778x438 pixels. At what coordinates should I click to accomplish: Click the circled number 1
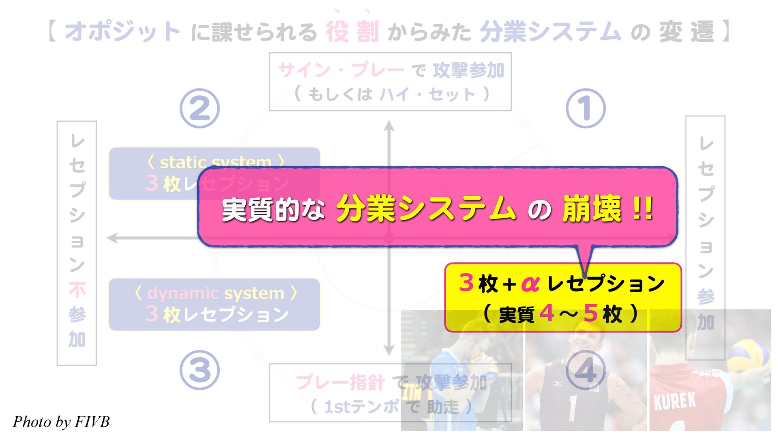585,108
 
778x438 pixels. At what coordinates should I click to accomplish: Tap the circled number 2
199,108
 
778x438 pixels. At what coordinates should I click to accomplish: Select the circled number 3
199,370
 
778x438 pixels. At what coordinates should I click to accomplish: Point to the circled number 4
585,370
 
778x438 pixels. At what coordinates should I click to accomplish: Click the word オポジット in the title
122,32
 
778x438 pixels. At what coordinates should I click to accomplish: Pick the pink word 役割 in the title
352,32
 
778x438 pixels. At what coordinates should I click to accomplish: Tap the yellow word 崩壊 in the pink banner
592,209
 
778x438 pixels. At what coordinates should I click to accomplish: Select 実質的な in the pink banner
273,210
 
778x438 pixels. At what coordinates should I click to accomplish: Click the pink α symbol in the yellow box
530,283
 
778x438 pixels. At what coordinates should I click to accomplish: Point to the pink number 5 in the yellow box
590,313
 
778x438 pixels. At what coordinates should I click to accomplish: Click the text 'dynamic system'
216,293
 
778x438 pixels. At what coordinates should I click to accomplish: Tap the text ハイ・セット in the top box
427,94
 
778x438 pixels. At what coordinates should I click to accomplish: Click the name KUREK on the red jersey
674,401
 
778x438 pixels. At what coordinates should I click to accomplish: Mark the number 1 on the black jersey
572,408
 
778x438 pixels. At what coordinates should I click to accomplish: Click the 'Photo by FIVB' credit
61,422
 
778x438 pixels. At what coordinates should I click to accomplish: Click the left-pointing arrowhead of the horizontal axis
112,238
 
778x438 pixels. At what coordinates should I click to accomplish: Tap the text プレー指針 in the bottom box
340,382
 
